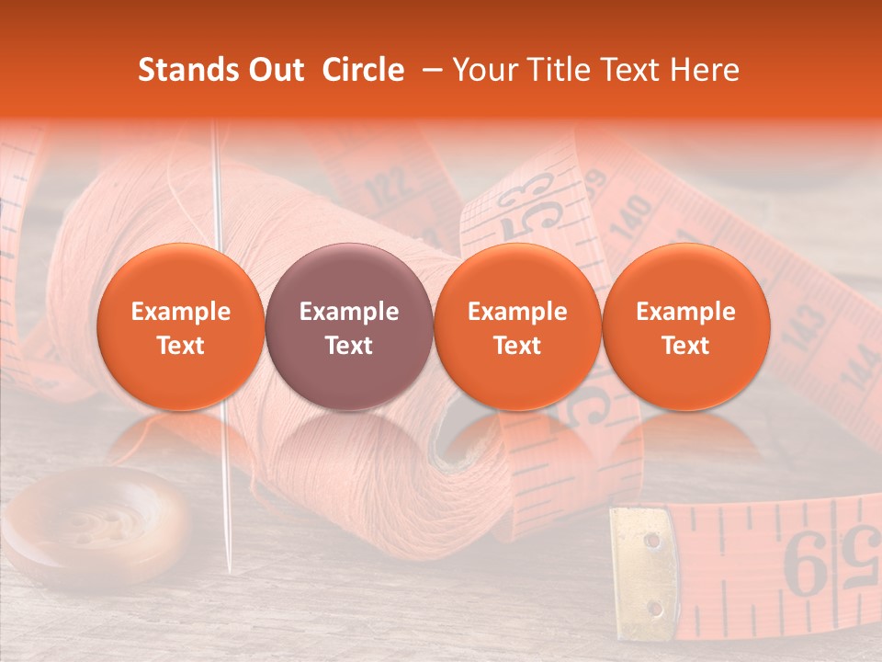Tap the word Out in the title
tap(274, 70)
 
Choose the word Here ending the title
tap(707, 70)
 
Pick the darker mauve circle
tap(349, 327)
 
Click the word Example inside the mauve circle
tap(349, 312)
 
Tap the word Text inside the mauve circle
tap(349, 345)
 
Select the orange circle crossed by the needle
tap(180, 327)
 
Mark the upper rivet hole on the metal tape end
tap(651, 540)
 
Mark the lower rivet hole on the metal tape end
tap(655, 608)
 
